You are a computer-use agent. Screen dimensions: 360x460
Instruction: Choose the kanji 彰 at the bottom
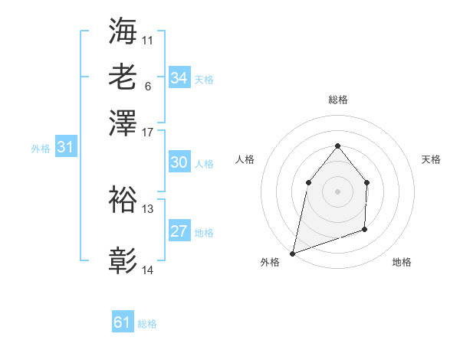[x=123, y=260]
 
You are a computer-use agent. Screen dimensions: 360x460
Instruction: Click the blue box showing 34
[x=179, y=78]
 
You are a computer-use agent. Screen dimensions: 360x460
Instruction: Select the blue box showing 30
[x=179, y=162]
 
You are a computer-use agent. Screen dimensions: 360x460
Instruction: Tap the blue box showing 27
[x=179, y=231]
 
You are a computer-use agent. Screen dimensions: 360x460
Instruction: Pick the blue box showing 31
[x=64, y=147]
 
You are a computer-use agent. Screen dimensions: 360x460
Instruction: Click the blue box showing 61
[x=123, y=322]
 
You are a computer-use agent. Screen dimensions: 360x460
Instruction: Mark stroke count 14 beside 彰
[x=148, y=270]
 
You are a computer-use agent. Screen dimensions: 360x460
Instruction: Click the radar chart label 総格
[x=337, y=100]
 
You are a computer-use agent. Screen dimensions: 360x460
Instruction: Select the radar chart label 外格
[x=270, y=263]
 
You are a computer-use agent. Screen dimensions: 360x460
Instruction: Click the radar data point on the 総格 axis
[x=337, y=146]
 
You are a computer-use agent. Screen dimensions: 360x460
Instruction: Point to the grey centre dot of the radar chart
[x=337, y=191]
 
